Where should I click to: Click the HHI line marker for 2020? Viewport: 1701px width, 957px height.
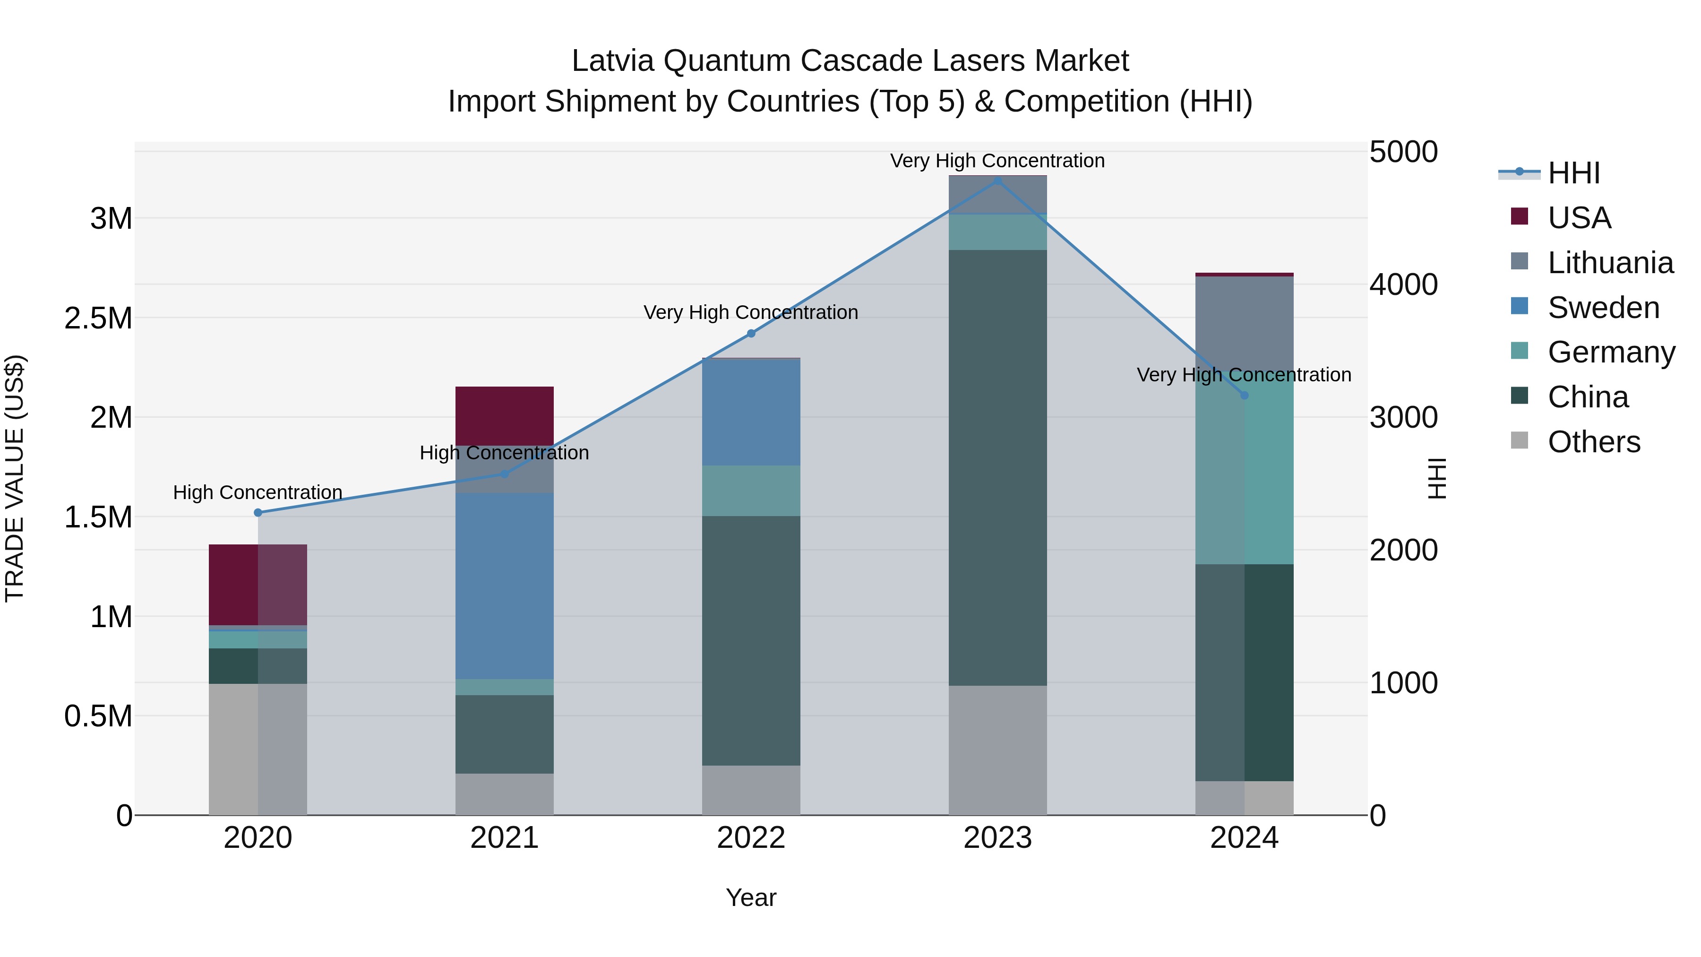point(258,512)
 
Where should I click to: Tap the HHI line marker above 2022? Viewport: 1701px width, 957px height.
point(751,334)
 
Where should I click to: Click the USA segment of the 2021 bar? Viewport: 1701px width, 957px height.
point(505,415)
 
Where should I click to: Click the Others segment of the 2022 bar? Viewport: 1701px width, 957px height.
point(751,790)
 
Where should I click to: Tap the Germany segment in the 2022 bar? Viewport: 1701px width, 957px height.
point(751,491)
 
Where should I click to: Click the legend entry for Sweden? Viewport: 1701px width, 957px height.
point(1603,308)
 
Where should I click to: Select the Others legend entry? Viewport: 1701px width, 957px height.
point(1593,442)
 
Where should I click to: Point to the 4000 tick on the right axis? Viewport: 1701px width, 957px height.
point(1403,285)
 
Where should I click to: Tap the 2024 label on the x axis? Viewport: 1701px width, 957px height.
point(1244,838)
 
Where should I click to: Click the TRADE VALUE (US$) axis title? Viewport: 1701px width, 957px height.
point(15,478)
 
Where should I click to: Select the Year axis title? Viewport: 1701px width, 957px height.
point(751,897)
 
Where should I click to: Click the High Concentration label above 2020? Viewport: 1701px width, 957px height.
point(258,493)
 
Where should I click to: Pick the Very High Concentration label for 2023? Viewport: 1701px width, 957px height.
point(997,161)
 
